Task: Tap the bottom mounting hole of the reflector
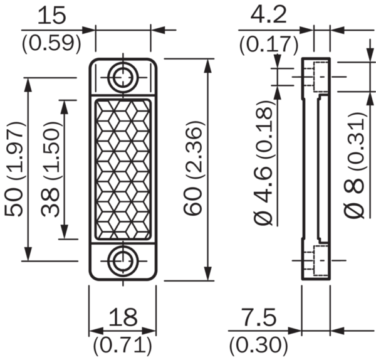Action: [122, 262]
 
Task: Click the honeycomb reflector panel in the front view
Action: [122, 169]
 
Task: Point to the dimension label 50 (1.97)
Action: [14, 169]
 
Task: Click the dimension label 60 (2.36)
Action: [195, 169]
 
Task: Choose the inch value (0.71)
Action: [123, 344]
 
